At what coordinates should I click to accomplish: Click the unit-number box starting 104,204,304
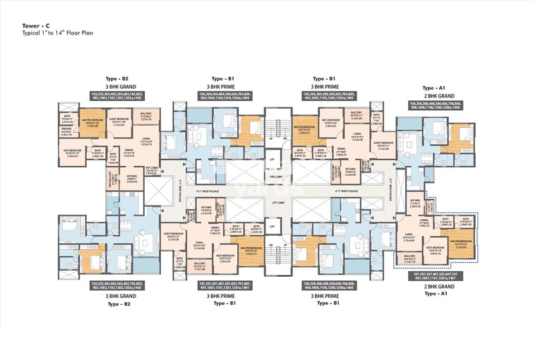[x=227, y=95]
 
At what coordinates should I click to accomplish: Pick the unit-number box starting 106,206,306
[x=433, y=105]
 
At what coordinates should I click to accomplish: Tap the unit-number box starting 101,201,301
[x=227, y=287]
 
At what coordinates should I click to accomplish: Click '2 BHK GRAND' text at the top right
[x=433, y=94]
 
